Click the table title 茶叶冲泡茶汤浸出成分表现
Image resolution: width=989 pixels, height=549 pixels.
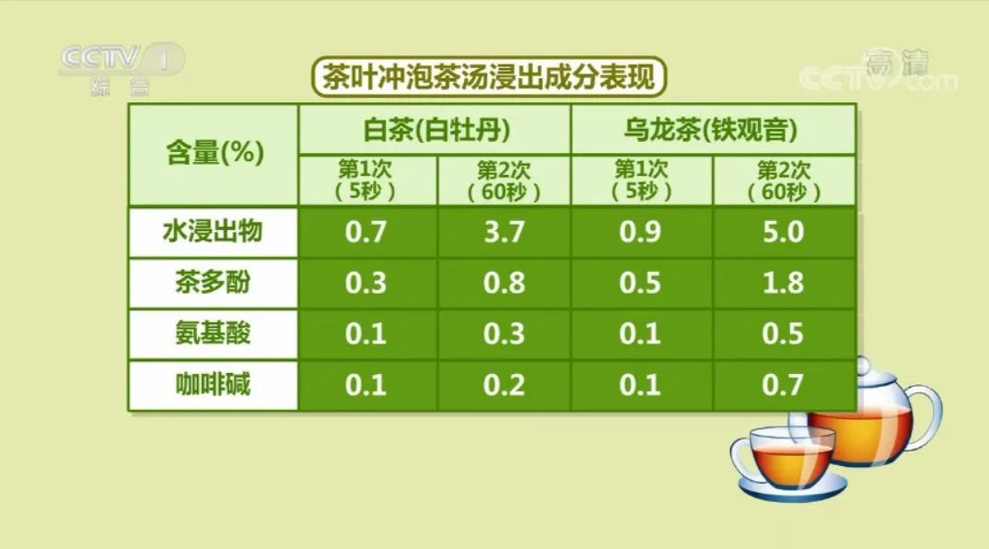tap(490, 77)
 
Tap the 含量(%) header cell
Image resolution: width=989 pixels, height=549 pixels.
tap(214, 154)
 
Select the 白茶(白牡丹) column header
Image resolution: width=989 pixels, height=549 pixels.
tap(436, 129)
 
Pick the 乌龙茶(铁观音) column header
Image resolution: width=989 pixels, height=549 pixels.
tap(713, 129)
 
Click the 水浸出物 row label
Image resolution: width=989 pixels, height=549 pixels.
tap(214, 231)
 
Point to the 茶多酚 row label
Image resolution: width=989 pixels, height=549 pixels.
tap(214, 283)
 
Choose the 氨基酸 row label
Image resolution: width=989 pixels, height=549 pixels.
tap(214, 333)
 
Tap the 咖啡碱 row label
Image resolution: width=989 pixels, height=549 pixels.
tap(214, 385)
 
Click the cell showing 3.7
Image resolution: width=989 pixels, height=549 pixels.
tap(504, 231)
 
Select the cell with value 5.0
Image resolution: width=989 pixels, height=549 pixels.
tap(784, 231)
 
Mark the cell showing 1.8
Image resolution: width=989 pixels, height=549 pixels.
tap(784, 283)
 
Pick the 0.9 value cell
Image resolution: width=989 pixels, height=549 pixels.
tap(642, 231)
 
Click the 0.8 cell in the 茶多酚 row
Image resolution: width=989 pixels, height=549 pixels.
tap(504, 283)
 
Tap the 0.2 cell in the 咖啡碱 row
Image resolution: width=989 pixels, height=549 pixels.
tap(504, 385)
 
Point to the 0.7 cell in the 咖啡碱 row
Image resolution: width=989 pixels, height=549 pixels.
tap(784, 385)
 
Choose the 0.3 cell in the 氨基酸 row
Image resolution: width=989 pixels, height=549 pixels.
tap(504, 333)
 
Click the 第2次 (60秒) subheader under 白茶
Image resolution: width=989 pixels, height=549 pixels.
tap(504, 181)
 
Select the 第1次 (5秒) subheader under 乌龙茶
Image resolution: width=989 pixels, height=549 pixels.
tap(642, 181)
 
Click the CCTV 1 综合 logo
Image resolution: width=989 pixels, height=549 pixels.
tap(122, 68)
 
